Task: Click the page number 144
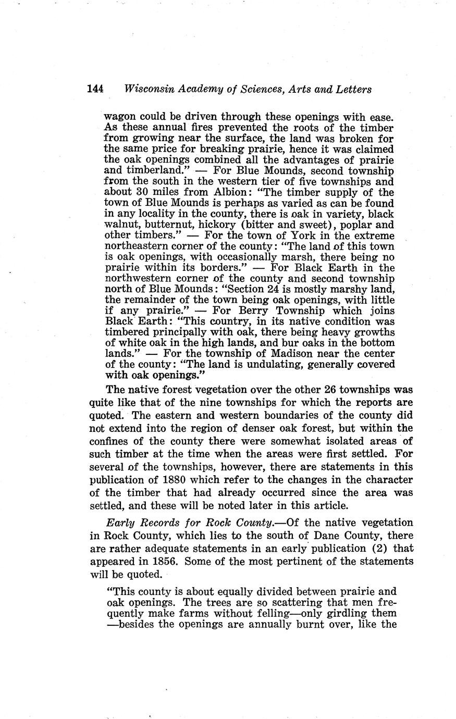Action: [95, 89]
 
